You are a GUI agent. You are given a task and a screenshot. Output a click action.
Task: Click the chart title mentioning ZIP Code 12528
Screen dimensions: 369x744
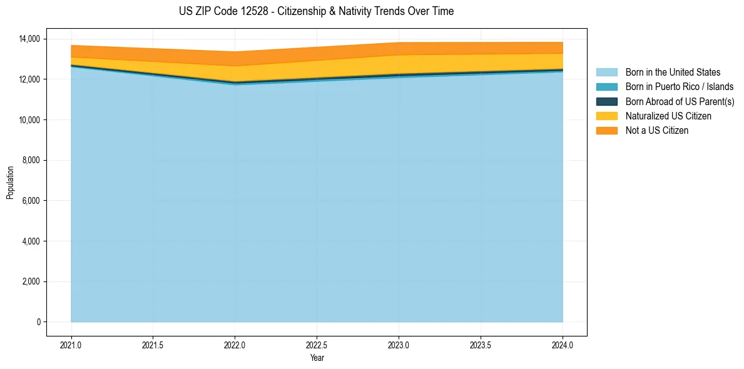click(316, 11)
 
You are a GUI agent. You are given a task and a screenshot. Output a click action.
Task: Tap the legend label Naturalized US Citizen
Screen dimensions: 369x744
click(668, 116)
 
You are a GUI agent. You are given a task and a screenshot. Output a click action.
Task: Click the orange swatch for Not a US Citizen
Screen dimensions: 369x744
click(606, 130)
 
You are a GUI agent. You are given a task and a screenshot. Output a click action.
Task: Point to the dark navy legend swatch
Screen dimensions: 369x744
click(606, 101)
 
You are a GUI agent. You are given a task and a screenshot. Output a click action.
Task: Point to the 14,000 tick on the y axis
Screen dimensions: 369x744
click(28, 39)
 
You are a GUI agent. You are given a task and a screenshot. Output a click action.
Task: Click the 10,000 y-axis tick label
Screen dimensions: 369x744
click(28, 120)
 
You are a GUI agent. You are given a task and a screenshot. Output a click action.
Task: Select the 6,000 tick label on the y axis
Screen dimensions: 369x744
click(30, 201)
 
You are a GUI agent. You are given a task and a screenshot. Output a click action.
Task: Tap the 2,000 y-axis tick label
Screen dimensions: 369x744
click(30, 281)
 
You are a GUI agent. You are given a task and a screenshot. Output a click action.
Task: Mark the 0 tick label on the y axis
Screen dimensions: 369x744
click(38, 322)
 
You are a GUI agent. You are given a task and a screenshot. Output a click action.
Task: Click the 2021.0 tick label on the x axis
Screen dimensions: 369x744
click(71, 345)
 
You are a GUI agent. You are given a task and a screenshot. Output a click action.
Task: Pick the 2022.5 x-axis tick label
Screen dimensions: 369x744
click(317, 345)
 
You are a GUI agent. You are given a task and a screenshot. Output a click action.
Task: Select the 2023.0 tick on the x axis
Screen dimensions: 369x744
click(399, 345)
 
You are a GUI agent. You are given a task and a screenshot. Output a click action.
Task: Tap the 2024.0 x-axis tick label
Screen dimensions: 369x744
click(563, 345)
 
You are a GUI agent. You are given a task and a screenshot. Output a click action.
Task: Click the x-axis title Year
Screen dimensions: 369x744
click(317, 358)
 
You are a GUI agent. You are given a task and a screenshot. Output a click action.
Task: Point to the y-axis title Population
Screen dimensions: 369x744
click(10, 183)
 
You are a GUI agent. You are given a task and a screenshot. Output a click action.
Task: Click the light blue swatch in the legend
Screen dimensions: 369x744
click(606, 73)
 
